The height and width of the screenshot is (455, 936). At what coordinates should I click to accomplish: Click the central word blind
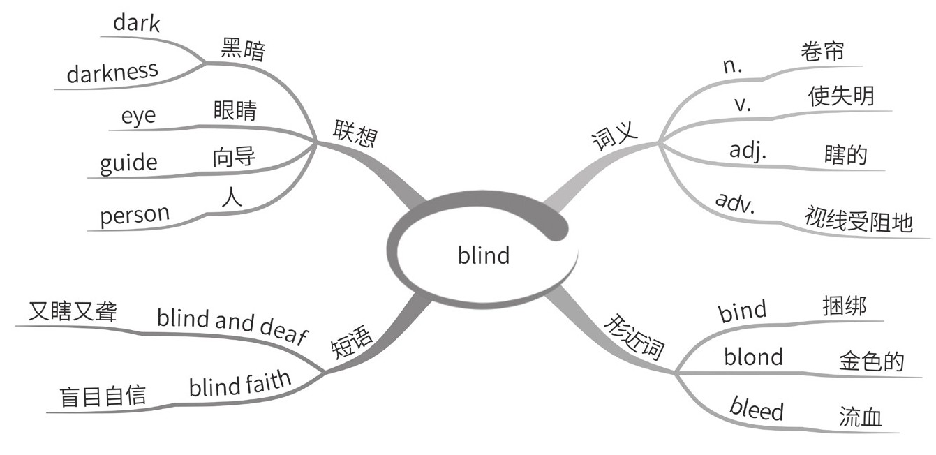pyautogui.click(x=484, y=255)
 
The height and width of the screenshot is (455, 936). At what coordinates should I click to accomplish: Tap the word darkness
pyautogui.click(x=112, y=71)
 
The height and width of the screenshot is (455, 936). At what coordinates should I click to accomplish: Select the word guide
pyautogui.click(x=128, y=163)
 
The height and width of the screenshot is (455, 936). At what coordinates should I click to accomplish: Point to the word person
pyautogui.click(x=135, y=215)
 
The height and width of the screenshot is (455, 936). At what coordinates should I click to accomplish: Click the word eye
pyautogui.click(x=138, y=116)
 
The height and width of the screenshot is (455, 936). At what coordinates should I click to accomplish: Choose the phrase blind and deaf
pyautogui.click(x=232, y=326)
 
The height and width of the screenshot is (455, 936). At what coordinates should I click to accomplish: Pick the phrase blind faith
pyautogui.click(x=239, y=384)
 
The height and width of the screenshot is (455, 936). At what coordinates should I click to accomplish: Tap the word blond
pyautogui.click(x=753, y=357)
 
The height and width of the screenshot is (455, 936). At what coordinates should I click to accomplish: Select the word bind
pyautogui.click(x=743, y=310)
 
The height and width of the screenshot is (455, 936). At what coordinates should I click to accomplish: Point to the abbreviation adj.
pyautogui.click(x=748, y=151)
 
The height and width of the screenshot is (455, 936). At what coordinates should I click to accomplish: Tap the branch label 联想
pyautogui.click(x=355, y=133)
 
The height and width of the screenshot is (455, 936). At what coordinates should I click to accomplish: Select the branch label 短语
pyautogui.click(x=351, y=342)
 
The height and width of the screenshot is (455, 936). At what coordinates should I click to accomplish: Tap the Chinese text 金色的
pyautogui.click(x=871, y=361)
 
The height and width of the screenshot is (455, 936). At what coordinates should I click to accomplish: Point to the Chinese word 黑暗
pyautogui.click(x=243, y=50)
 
